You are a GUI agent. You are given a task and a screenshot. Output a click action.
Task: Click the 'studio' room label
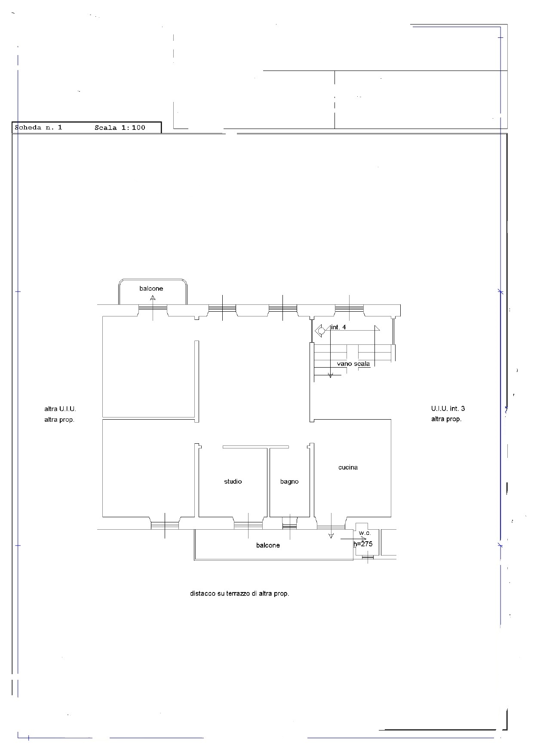pyautogui.click(x=233, y=482)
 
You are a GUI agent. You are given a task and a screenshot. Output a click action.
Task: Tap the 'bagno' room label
pyautogui.click(x=289, y=482)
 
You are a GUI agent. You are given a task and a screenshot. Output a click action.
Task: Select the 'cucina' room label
pyautogui.click(x=348, y=467)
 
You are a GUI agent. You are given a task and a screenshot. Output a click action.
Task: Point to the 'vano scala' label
pyautogui.click(x=353, y=364)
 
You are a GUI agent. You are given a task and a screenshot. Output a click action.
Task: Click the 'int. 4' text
pyautogui.click(x=338, y=327)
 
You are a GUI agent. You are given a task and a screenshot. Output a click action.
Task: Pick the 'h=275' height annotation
pyautogui.click(x=363, y=544)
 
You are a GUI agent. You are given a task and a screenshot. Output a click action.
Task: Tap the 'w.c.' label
pyautogui.click(x=365, y=533)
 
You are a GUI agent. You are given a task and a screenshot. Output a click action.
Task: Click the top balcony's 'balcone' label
pyautogui.click(x=151, y=288)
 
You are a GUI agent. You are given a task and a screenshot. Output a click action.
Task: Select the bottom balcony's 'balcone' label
pyautogui.click(x=268, y=545)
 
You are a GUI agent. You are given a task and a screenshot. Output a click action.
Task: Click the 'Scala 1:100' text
pyautogui.click(x=120, y=127)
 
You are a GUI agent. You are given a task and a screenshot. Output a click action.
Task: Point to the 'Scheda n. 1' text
pyautogui.click(x=39, y=127)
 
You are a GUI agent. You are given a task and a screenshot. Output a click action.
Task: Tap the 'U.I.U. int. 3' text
pyautogui.click(x=448, y=408)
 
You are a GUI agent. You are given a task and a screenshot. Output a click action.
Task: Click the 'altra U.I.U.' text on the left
pyautogui.click(x=60, y=409)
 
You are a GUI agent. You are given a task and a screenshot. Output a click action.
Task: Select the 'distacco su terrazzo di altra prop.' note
pyautogui.click(x=239, y=593)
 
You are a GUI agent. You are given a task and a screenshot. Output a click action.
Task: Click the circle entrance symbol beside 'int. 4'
pyautogui.click(x=320, y=331)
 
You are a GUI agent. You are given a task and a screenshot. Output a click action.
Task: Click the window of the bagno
pyautogui.click(x=290, y=526)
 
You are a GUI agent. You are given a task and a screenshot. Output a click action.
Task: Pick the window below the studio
pyautogui.click(x=248, y=525)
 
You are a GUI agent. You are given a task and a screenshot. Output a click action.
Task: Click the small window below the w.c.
pyautogui.click(x=368, y=558)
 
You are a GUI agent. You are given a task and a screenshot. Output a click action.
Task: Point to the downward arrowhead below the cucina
pyautogui.click(x=331, y=536)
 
